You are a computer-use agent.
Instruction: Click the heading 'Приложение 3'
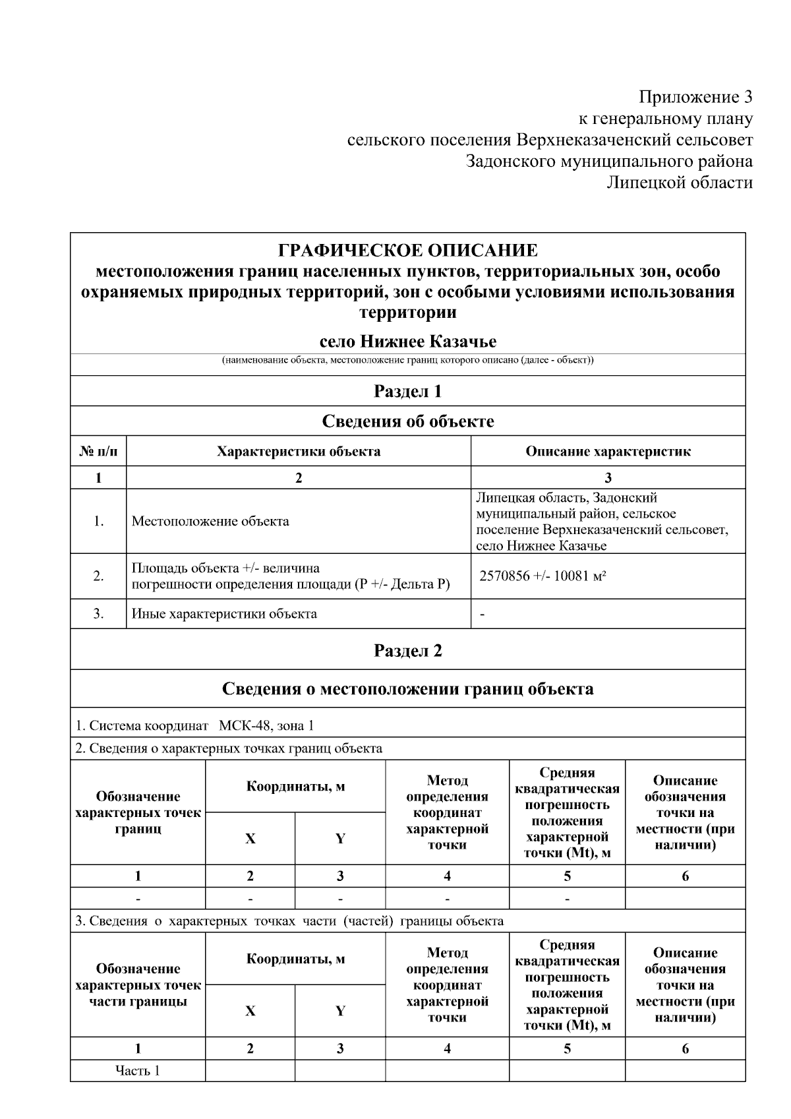695,98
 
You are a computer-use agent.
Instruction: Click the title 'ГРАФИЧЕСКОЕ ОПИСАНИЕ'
407,251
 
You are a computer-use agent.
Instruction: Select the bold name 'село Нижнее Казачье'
407,342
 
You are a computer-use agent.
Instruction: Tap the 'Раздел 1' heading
407,391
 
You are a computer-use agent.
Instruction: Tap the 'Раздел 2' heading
407,651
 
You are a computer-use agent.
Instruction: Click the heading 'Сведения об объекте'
407,421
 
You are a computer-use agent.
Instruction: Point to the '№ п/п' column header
98,452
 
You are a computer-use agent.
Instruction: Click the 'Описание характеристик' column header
608,452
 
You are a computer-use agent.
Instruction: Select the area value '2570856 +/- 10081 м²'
542,576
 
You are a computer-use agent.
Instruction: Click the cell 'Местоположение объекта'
210,522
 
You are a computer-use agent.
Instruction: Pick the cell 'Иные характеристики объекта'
224,614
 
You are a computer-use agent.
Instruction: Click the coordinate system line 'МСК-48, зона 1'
266,726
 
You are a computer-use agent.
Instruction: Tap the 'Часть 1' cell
138,1071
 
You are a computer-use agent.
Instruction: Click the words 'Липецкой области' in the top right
679,183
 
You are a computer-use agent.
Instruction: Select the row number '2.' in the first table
98,576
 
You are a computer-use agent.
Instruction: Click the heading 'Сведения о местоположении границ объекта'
407,689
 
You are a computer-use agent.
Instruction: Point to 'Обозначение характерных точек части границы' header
138,985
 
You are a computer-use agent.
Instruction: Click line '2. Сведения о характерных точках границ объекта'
229,748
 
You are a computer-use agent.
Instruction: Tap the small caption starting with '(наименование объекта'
407,361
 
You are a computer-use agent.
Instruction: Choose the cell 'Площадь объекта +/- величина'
225,568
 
